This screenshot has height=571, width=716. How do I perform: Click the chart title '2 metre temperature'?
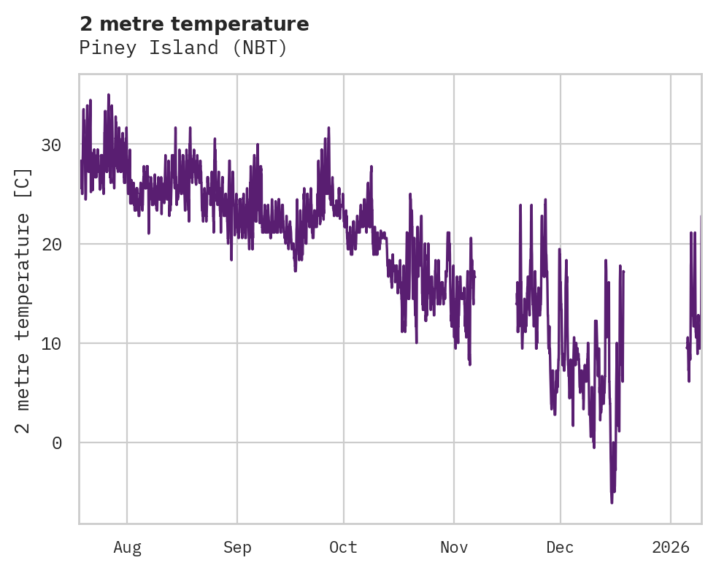[x=194, y=24]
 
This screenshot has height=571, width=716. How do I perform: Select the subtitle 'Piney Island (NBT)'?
[x=183, y=48]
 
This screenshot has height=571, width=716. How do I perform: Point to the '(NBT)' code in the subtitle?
[x=261, y=48]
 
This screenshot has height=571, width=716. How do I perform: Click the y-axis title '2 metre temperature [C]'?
[x=23, y=300]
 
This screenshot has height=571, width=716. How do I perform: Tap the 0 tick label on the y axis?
[x=57, y=442]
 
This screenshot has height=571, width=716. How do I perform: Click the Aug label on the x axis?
[x=127, y=547]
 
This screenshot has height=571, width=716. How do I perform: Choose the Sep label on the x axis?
[x=237, y=547]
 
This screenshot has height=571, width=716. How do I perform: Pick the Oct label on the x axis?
[x=343, y=547]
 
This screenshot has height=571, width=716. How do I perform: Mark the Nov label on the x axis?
[x=453, y=547]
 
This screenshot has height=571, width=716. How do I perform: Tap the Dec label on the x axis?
[x=560, y=547]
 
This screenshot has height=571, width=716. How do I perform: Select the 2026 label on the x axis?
[x=670, y=547]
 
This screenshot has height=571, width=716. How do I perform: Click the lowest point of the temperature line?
[x=612, y=502]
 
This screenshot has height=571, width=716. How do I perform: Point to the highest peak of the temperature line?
[x=109, y=95]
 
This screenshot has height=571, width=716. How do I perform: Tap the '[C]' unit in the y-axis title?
[x=23, y=183]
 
